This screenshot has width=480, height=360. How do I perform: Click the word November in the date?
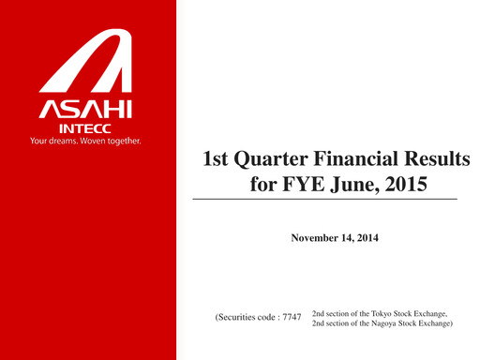click(x=316, y=238)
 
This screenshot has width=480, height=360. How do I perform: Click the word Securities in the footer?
click(x=241, y=318)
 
